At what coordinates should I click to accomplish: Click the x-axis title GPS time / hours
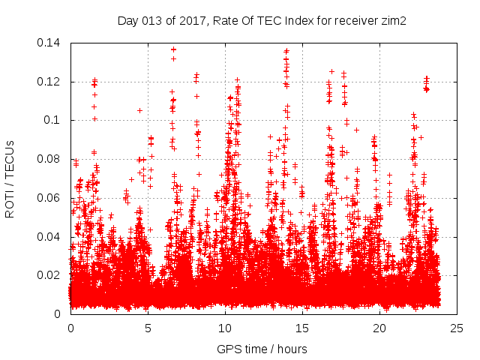tap(263, 349)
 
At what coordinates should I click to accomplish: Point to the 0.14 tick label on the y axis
tap(50, 43)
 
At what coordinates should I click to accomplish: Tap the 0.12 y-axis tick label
tap(50, 82)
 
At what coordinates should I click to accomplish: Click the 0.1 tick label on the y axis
tap(53, 120)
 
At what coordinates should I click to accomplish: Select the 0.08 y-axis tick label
tap(50, 159)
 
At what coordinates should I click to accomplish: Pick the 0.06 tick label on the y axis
tap(50, 198)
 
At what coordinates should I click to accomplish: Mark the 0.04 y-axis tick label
tap(50, 236)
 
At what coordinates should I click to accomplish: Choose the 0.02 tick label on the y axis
tap(50, 275)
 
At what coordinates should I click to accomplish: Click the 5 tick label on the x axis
tap(148, 328)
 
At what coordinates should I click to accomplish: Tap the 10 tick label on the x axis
tap(225, 328)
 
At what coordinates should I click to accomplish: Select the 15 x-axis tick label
tap(302, 328)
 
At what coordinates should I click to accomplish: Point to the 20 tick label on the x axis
tap(379, 328)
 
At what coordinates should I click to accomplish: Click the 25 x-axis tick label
tap(457, 328)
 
